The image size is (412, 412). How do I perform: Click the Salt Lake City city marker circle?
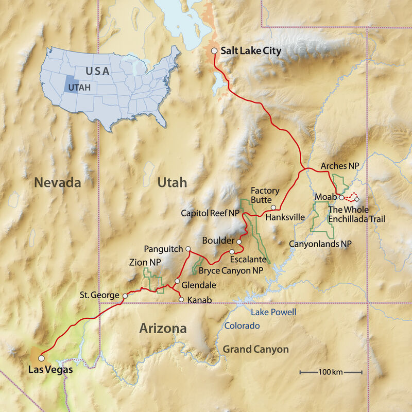[214, 50]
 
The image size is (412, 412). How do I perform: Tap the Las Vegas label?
[50, 369]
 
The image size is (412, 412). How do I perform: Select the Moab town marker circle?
[341, 197]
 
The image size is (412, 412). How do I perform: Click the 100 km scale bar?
[331, 372]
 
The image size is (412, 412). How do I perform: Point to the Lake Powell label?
[273, 313]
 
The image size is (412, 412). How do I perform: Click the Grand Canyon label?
[255, 350]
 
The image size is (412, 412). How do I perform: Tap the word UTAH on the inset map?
[81, 87]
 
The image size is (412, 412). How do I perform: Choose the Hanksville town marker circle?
[273, 208]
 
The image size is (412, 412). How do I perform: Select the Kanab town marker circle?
[181, 299]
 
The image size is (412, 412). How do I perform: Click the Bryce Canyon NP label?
[234, 270]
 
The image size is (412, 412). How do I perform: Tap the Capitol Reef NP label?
[210, 213]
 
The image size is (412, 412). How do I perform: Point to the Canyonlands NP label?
[320, 243]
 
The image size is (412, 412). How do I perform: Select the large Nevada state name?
[58, 182]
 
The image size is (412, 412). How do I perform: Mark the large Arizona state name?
[163, 329]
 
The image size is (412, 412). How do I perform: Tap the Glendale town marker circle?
[177, 282]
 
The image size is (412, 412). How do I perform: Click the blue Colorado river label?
[242, 326]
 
